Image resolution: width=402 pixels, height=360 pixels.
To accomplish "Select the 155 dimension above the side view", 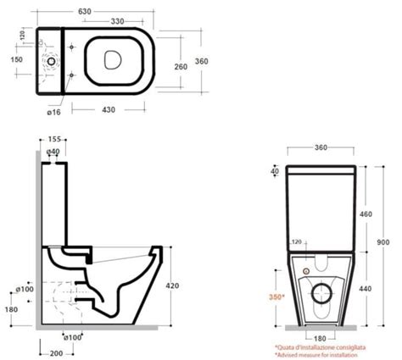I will [x=53, y=141].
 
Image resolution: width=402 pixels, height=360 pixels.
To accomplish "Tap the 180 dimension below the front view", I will [x=320, y=339].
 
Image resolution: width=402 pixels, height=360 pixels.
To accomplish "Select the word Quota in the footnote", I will [x=287, y=346].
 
